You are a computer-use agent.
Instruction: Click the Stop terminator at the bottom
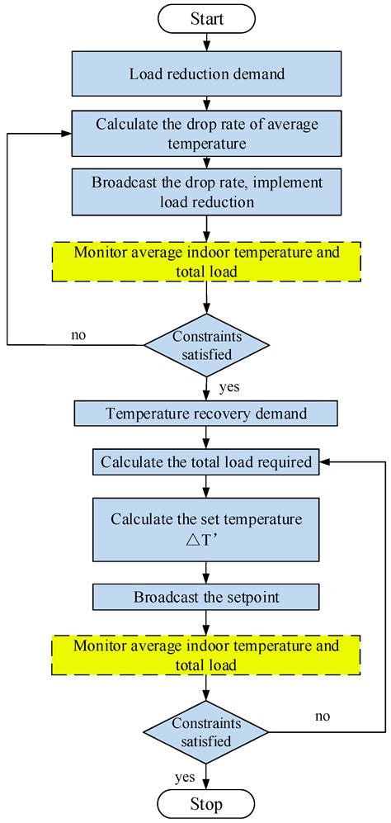[x=205, y=802]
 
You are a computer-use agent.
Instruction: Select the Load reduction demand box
[x=207, y=73]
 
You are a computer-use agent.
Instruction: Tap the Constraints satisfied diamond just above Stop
[x=205, y=731]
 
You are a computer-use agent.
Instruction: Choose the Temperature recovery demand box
[x=205, y=413]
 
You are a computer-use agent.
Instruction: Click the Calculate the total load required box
[x=206, y=462]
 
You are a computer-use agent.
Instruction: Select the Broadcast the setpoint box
[x=206, y=596]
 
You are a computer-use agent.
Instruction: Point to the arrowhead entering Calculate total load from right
[x=324, y=462]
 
